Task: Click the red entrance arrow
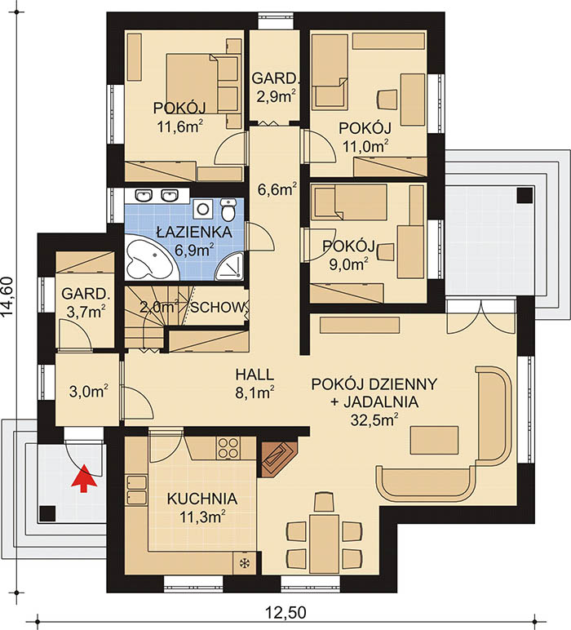84,478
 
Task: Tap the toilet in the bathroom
228,210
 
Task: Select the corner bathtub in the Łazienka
148,258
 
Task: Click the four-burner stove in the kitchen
228,447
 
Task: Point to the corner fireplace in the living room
277,456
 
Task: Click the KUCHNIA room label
202,499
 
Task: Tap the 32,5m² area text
374,420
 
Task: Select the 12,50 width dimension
285,613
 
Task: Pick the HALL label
255,375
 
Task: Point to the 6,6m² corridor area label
277,189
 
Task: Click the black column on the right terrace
525,195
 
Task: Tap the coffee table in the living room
434,441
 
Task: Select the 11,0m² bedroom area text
365,145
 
